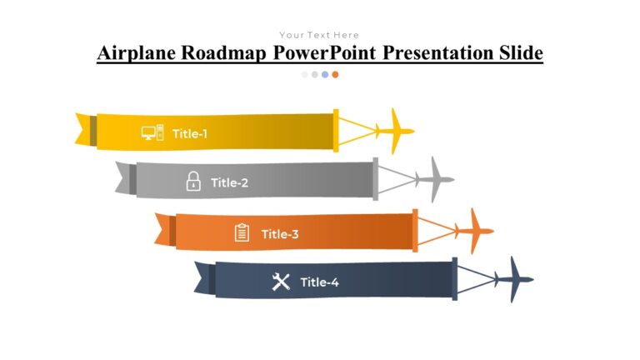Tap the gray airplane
[434, 179]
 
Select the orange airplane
[474, 231]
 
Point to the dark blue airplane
[513, 280]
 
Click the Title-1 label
[190, 133]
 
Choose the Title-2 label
[229, 182]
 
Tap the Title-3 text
[280, 234]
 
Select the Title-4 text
[319, 282]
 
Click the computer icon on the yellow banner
[152, 132]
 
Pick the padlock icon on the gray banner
[193, 181]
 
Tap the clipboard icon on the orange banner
[242, 232]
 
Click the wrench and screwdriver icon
[281, 282]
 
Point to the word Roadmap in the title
[224, 53]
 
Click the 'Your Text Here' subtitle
[319, 35]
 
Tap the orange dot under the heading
[335, 74]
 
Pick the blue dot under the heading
[325, 74]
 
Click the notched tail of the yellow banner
[83, 129]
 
